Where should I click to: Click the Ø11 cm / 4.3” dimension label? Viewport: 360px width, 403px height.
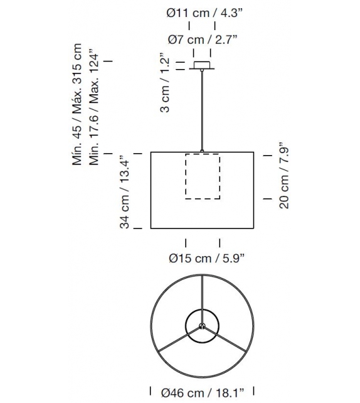204,13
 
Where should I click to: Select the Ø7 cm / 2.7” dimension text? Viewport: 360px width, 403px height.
203,40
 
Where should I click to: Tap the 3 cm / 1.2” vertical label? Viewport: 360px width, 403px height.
164,83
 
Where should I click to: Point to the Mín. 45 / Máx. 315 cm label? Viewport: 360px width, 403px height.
77,104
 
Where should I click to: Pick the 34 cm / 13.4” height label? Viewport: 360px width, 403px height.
125,191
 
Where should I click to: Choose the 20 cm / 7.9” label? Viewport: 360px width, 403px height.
283,175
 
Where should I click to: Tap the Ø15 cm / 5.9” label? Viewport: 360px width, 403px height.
206,258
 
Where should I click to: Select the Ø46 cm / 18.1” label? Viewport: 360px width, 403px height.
203,393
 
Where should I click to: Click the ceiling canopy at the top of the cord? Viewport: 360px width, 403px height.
202,65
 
